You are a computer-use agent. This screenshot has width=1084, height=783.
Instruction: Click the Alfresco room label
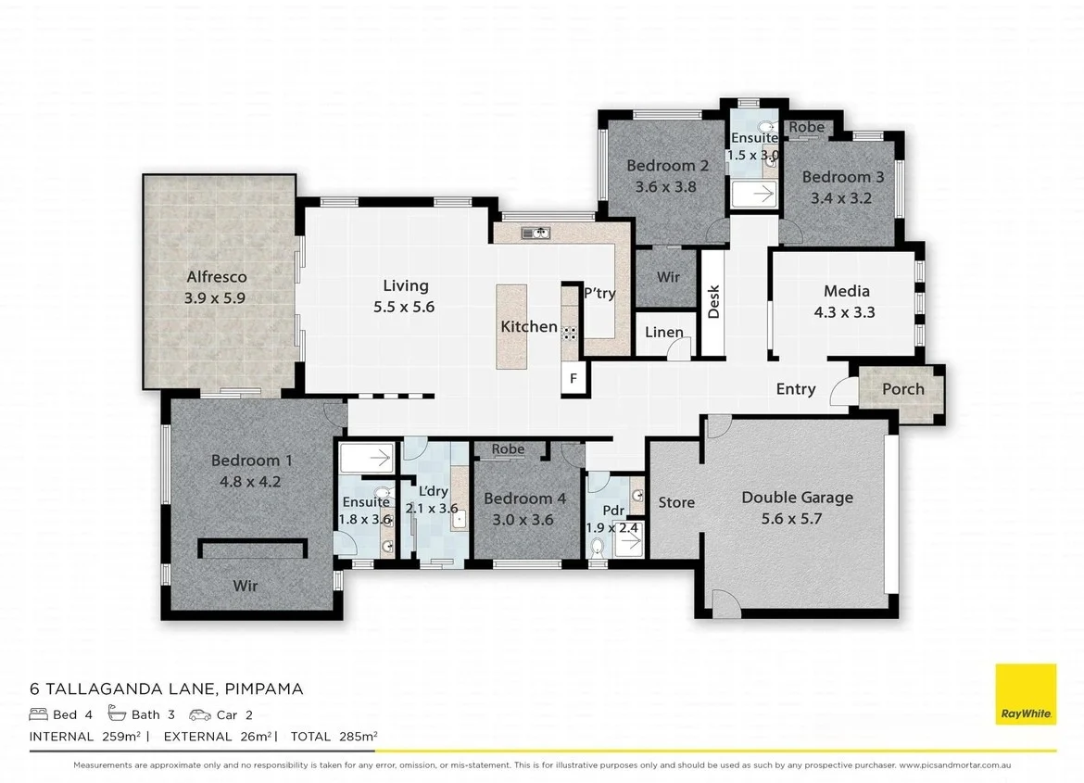[216, 276]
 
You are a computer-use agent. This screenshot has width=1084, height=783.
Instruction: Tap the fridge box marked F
[574, 378]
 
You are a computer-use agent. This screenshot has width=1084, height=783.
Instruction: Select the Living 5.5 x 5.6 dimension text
[404, 307]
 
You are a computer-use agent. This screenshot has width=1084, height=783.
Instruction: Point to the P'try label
[599, 293]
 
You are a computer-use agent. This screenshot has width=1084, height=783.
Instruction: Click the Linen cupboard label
[663, 333]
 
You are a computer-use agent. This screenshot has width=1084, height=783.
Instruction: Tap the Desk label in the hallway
[713, 301]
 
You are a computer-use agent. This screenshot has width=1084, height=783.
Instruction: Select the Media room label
[845, 291]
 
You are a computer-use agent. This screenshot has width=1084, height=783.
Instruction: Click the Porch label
[902, 388]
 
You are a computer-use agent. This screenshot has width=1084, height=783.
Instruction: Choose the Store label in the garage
[676, 502]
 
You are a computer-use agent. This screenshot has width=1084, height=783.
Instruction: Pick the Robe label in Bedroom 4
[508, 449]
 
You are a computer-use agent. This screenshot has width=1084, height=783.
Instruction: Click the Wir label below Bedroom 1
[246, 586]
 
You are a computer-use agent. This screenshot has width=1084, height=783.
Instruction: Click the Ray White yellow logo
[1025, 695]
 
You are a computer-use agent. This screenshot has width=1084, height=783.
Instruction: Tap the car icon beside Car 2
[199, 714]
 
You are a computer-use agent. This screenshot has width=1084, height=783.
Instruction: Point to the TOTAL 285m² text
[333, 737]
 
